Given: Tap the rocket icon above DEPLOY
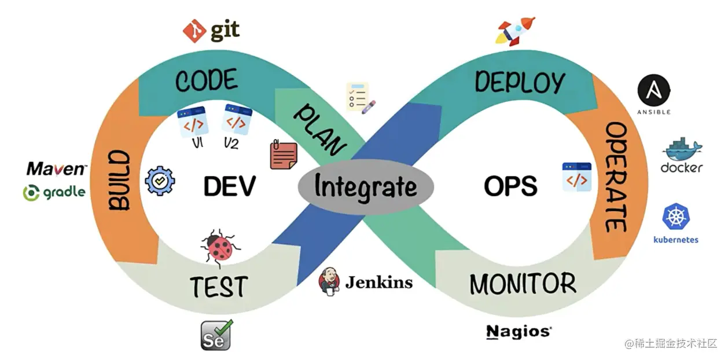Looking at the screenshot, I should click(x=515, y=30).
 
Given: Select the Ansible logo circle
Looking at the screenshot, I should click(x=654, y=91).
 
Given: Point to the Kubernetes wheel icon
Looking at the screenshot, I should click(x=675, y=216).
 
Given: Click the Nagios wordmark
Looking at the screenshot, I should click(x=519, y=332).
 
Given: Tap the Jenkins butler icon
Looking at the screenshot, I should click(x=328, y=281).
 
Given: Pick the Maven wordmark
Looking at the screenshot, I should click(x=57, y=169).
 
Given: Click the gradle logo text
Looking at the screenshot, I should click(x=54, y=192).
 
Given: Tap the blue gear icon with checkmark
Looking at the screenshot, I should click(x=159, y=181).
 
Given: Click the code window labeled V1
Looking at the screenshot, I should click(x=192, y=122).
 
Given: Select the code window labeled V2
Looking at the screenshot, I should click(x=236, y=120).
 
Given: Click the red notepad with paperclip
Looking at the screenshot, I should click(x=284, y=154).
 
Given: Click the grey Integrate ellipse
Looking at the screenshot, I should click(x=366, y=187).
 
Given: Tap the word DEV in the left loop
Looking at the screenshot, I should click(x=229, y=186).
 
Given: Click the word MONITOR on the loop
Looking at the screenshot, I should click(x=522, y=284).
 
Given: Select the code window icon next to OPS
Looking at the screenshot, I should click(x=576, y=177).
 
